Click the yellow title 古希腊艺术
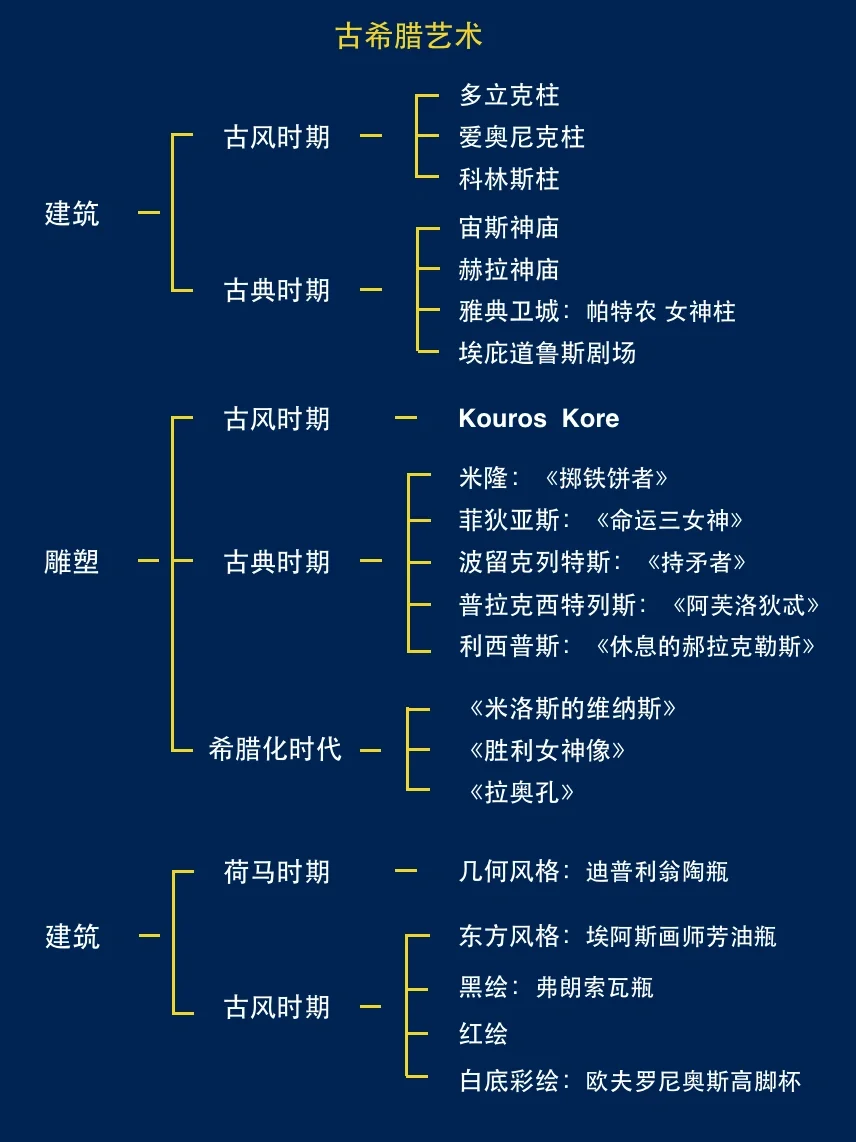tap(409, 37)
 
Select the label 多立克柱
tap(509, 96)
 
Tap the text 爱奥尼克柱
tap(521, 137)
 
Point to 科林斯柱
tap(509, 179)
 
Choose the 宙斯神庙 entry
tap(509, 228)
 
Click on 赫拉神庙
tap(509, 270)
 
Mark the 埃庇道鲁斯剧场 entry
tap(547, 353)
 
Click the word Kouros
tap(502, 418)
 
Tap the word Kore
tap(590, 418)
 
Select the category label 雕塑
tap(72, 561)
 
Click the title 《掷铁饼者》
tap(606, 478)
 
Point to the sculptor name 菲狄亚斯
tap(509, 520)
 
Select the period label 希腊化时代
tap(275, 749)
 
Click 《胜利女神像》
tap(547, 750)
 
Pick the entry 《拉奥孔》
tap(521, 792)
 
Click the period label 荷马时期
tap(277, 872)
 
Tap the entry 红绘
tap(483, 1034)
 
